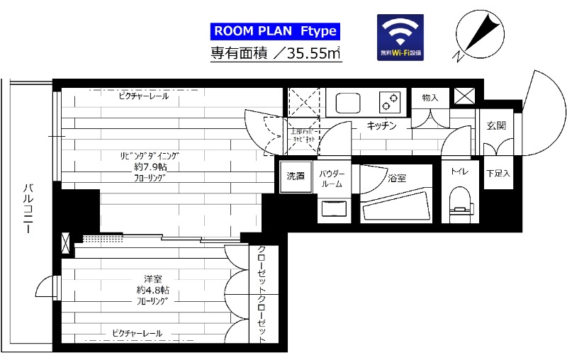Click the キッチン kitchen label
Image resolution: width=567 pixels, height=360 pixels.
pos(381,126)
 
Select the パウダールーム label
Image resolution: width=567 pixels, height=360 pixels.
pos(332,179)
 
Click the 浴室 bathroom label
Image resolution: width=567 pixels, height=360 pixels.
pos(397,179)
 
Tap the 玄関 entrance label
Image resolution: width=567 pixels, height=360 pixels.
pos(496,126)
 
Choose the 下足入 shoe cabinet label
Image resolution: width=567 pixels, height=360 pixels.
pos(498,174)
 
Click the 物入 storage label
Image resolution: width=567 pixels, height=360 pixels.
pos(430,97)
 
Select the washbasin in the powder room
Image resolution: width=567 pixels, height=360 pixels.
pos(332,208)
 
